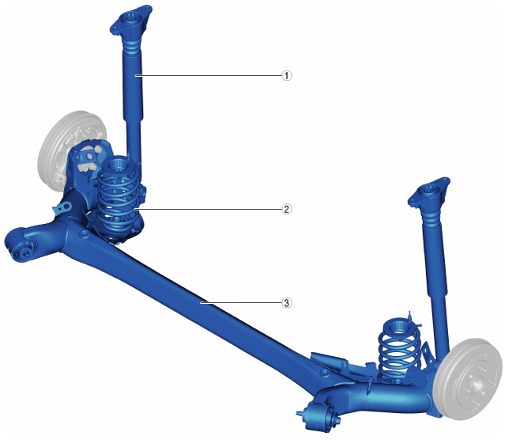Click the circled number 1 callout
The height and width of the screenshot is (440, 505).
[287, 76]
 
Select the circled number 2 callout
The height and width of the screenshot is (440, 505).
[287, 209]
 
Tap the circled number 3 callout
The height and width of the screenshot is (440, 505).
[287, 303]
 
